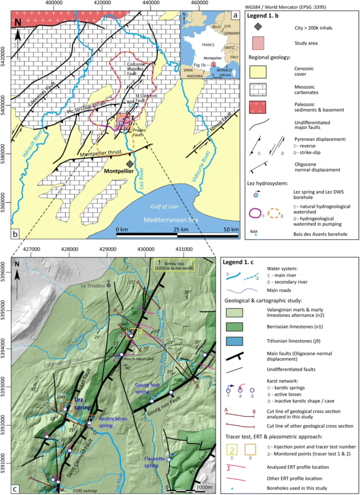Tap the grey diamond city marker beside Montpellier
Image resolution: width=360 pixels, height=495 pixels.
(130, 164)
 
